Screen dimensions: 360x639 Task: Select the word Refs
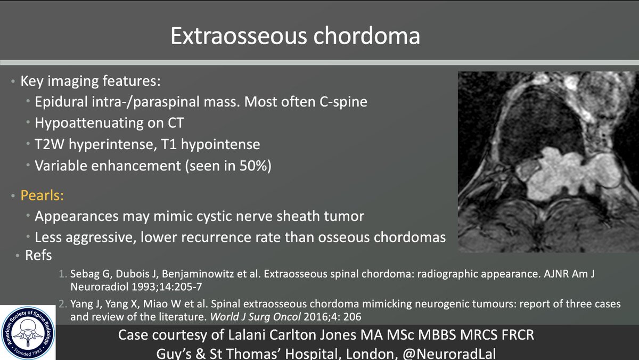(x=38, y=256)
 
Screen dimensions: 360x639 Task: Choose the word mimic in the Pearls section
(x=165, y=216)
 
